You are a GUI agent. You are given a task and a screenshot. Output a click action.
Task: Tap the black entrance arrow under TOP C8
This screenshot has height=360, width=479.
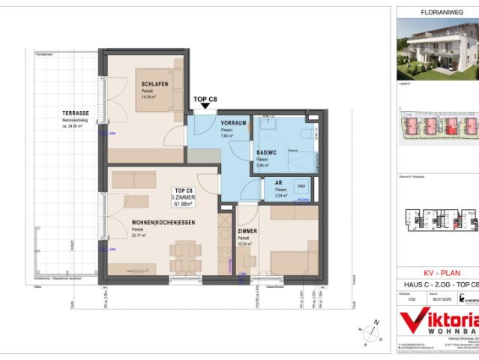pos(205,110)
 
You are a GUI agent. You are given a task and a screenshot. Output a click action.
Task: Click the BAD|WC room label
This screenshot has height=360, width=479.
pos(268,152)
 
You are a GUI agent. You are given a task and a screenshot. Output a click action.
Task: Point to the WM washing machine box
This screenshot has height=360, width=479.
pos(301,185)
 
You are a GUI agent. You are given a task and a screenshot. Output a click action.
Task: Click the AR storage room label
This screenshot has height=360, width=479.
pos(278,182)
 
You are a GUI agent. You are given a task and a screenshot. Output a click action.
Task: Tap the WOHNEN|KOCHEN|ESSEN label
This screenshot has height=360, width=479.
pos(142,223)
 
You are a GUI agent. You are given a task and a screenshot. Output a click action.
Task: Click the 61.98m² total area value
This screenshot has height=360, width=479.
pos(184,203)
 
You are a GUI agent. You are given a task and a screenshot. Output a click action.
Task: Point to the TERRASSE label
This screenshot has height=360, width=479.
pos(76,112)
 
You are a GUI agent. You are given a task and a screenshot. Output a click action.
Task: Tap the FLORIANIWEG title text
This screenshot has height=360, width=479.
pos(438,11)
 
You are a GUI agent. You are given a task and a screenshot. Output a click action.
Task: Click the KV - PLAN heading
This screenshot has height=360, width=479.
pos(438,273)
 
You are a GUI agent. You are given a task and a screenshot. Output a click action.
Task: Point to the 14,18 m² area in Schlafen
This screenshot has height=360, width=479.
pos(148,96)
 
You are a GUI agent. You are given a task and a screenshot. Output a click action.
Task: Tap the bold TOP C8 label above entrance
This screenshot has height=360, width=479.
pos(205,99)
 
